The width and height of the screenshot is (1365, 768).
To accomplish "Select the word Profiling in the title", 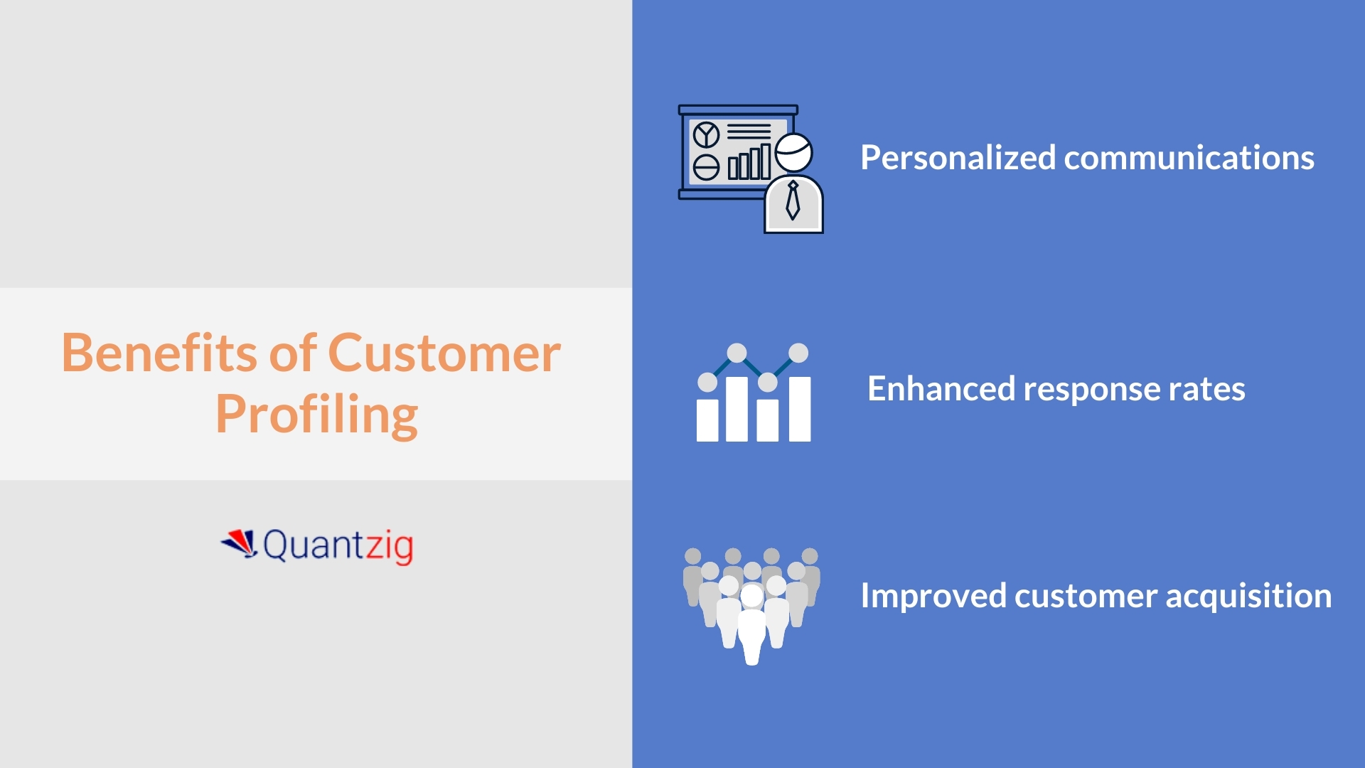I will pyautogui.click(x=316, y=414).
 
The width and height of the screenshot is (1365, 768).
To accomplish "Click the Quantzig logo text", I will pyautogui.click(x=338, y=546).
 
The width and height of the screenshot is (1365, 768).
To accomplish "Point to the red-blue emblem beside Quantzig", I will pyautogui.click(x=240, y=543).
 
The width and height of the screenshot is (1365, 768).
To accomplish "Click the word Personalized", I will pyautogui.click(x=957, y=158).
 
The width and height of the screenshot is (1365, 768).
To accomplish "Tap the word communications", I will pyautogui.click(x=1189, y=158).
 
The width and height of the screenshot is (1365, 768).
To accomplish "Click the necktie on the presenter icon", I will pyautogui.click(x=793, y=201).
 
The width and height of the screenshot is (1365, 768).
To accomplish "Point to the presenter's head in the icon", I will pyautogui.click(x=793, y=152).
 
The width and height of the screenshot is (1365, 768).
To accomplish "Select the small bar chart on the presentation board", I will pyautogui.click(x=749, y=163).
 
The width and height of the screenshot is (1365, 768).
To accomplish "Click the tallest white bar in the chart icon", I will pyautogui.click(x=800, y=409).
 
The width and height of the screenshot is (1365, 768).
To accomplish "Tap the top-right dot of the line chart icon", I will pyautogui.click(x=798, y=353).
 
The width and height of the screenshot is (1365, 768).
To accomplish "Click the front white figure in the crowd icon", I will pyautogui.click(x=751, y=626).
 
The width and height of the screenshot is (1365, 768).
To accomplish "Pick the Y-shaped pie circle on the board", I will pyautogui.click(x=706, y=134).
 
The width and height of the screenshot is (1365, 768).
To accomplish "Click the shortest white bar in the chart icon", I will pyautogui.click(x=707, y=420).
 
